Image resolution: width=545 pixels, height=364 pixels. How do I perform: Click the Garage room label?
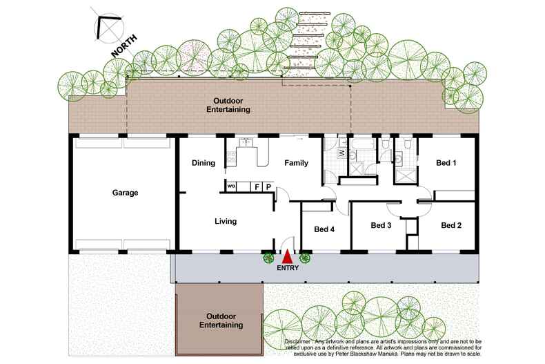pos(124,193)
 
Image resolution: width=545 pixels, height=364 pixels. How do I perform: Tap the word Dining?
pos(204,164)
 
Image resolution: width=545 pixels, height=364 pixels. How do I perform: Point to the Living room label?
pos(226,222)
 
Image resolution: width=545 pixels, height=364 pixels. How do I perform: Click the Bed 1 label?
pos(446,164)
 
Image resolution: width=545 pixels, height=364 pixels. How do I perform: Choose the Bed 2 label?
pos(451,225)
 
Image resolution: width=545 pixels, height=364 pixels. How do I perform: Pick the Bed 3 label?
pos(381,225)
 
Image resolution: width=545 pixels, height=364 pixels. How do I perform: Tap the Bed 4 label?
pos(324,230)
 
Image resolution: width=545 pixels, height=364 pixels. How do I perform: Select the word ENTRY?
pos(287,268)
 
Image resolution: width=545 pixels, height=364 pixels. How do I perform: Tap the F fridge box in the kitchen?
pos(256,186)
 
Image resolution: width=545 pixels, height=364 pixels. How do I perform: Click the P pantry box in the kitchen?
pos(268,186)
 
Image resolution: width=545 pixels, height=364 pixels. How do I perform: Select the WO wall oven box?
pos(232,186)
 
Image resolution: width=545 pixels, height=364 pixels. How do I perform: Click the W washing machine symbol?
pos(341,152)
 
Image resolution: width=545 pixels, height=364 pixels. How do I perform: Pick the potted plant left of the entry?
pos(268,259)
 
